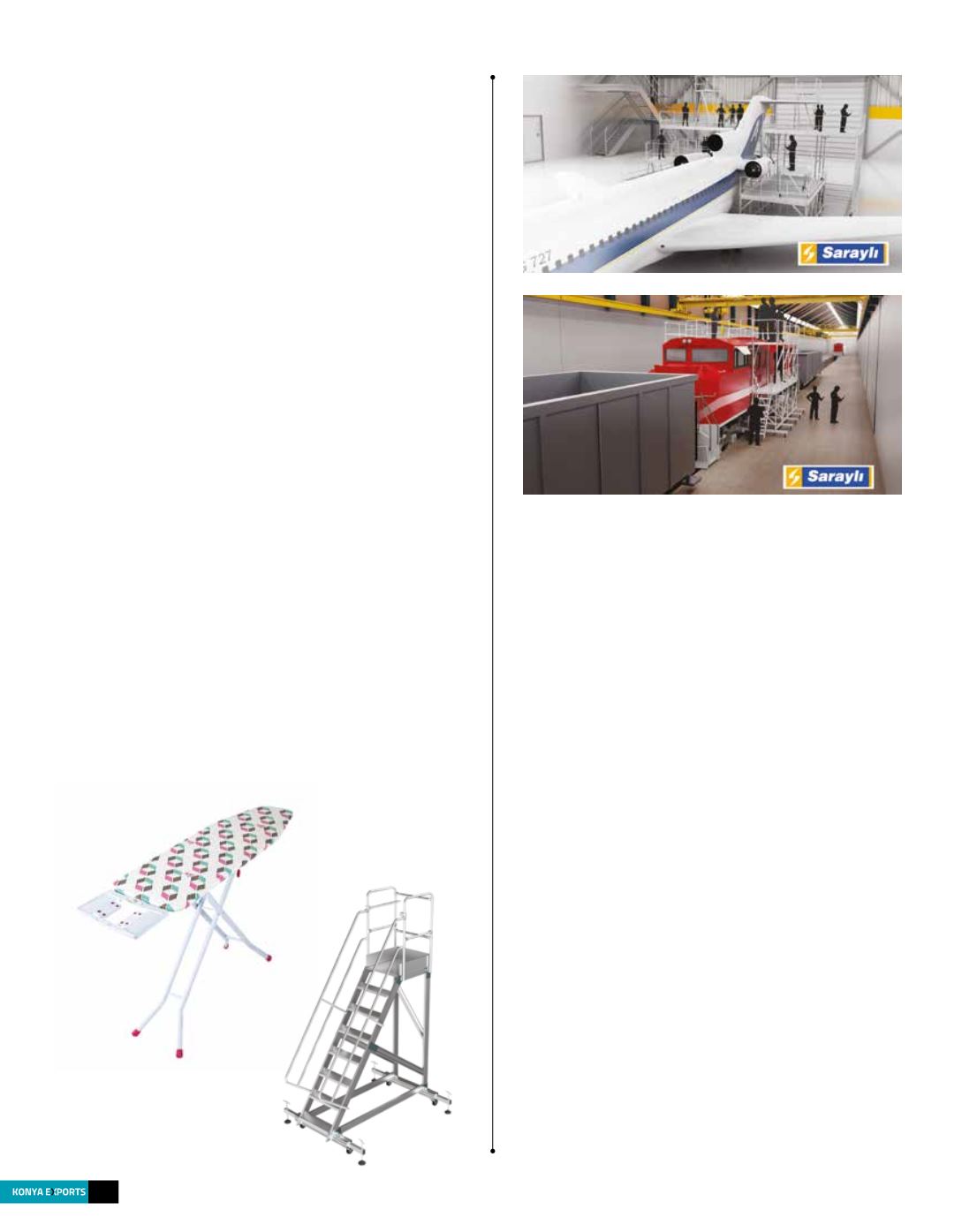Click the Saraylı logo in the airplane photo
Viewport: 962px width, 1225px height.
[843, 253]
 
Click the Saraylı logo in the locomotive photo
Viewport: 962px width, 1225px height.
[828, 478]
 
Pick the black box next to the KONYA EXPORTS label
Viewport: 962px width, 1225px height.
[103, 1191]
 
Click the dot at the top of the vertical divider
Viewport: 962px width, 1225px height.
[492, 78]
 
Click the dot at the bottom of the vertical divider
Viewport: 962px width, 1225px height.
[492, 1151]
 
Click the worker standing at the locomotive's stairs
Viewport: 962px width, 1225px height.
[754, 422]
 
